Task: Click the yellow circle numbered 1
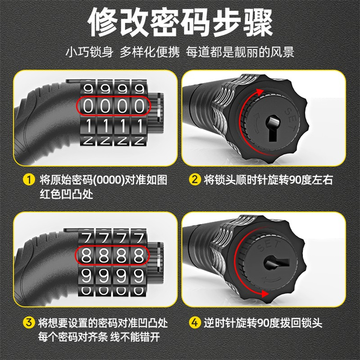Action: click(x=29, y=180)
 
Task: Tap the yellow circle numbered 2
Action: click(x=195, y=180)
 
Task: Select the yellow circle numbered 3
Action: click(x=29, y=323)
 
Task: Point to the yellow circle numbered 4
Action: click(x=195, y=323)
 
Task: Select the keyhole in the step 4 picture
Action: click(x=276, y=264)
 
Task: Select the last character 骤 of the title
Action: click(x=258, y=23)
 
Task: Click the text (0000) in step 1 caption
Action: click(x=108, y=180)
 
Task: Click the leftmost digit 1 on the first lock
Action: click(x=88, y=126)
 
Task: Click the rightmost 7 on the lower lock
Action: click(x=139, y=238)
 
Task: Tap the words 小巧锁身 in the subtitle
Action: click(x=89, y=52)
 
